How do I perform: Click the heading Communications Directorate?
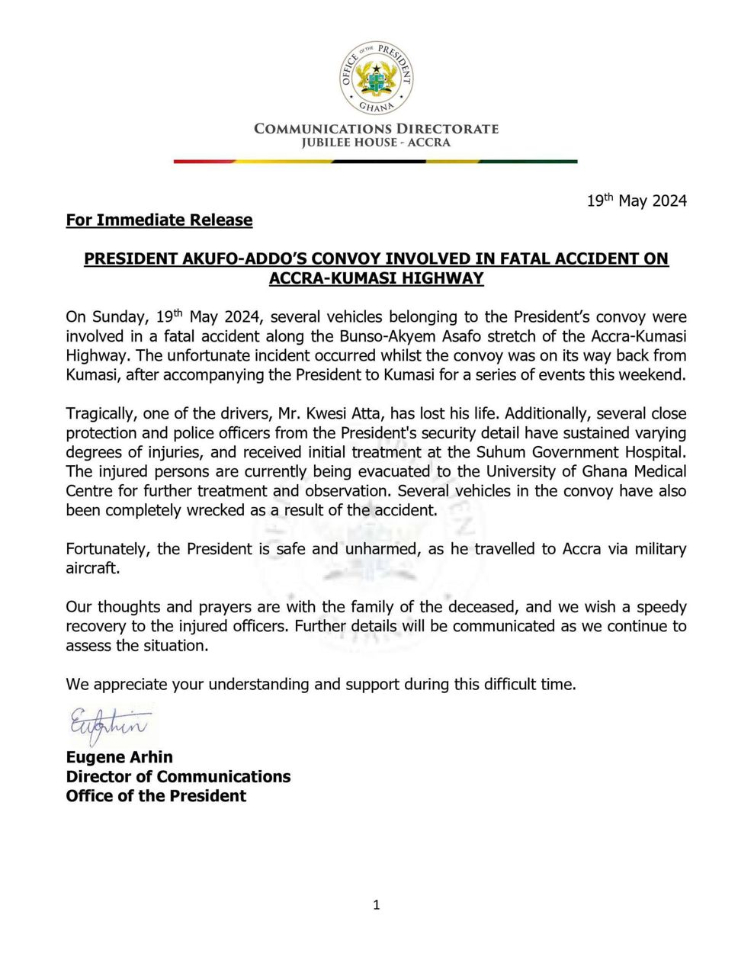(x=376, y=129)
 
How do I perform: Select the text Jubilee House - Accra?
(x=376, y=143)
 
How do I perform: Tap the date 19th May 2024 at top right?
(x=637, y=201)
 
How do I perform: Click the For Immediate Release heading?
(x=159, y=220)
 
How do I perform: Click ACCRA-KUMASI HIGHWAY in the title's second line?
(x=376, y=278)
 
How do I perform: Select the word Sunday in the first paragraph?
(x=117, y=317)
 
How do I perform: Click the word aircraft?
(x=91, y=569)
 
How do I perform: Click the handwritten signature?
(x=108, y=724)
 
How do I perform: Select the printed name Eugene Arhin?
(x=120, y=757)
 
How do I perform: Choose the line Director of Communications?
(x=178, y=777)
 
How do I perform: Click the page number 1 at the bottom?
(x=377, y=906)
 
